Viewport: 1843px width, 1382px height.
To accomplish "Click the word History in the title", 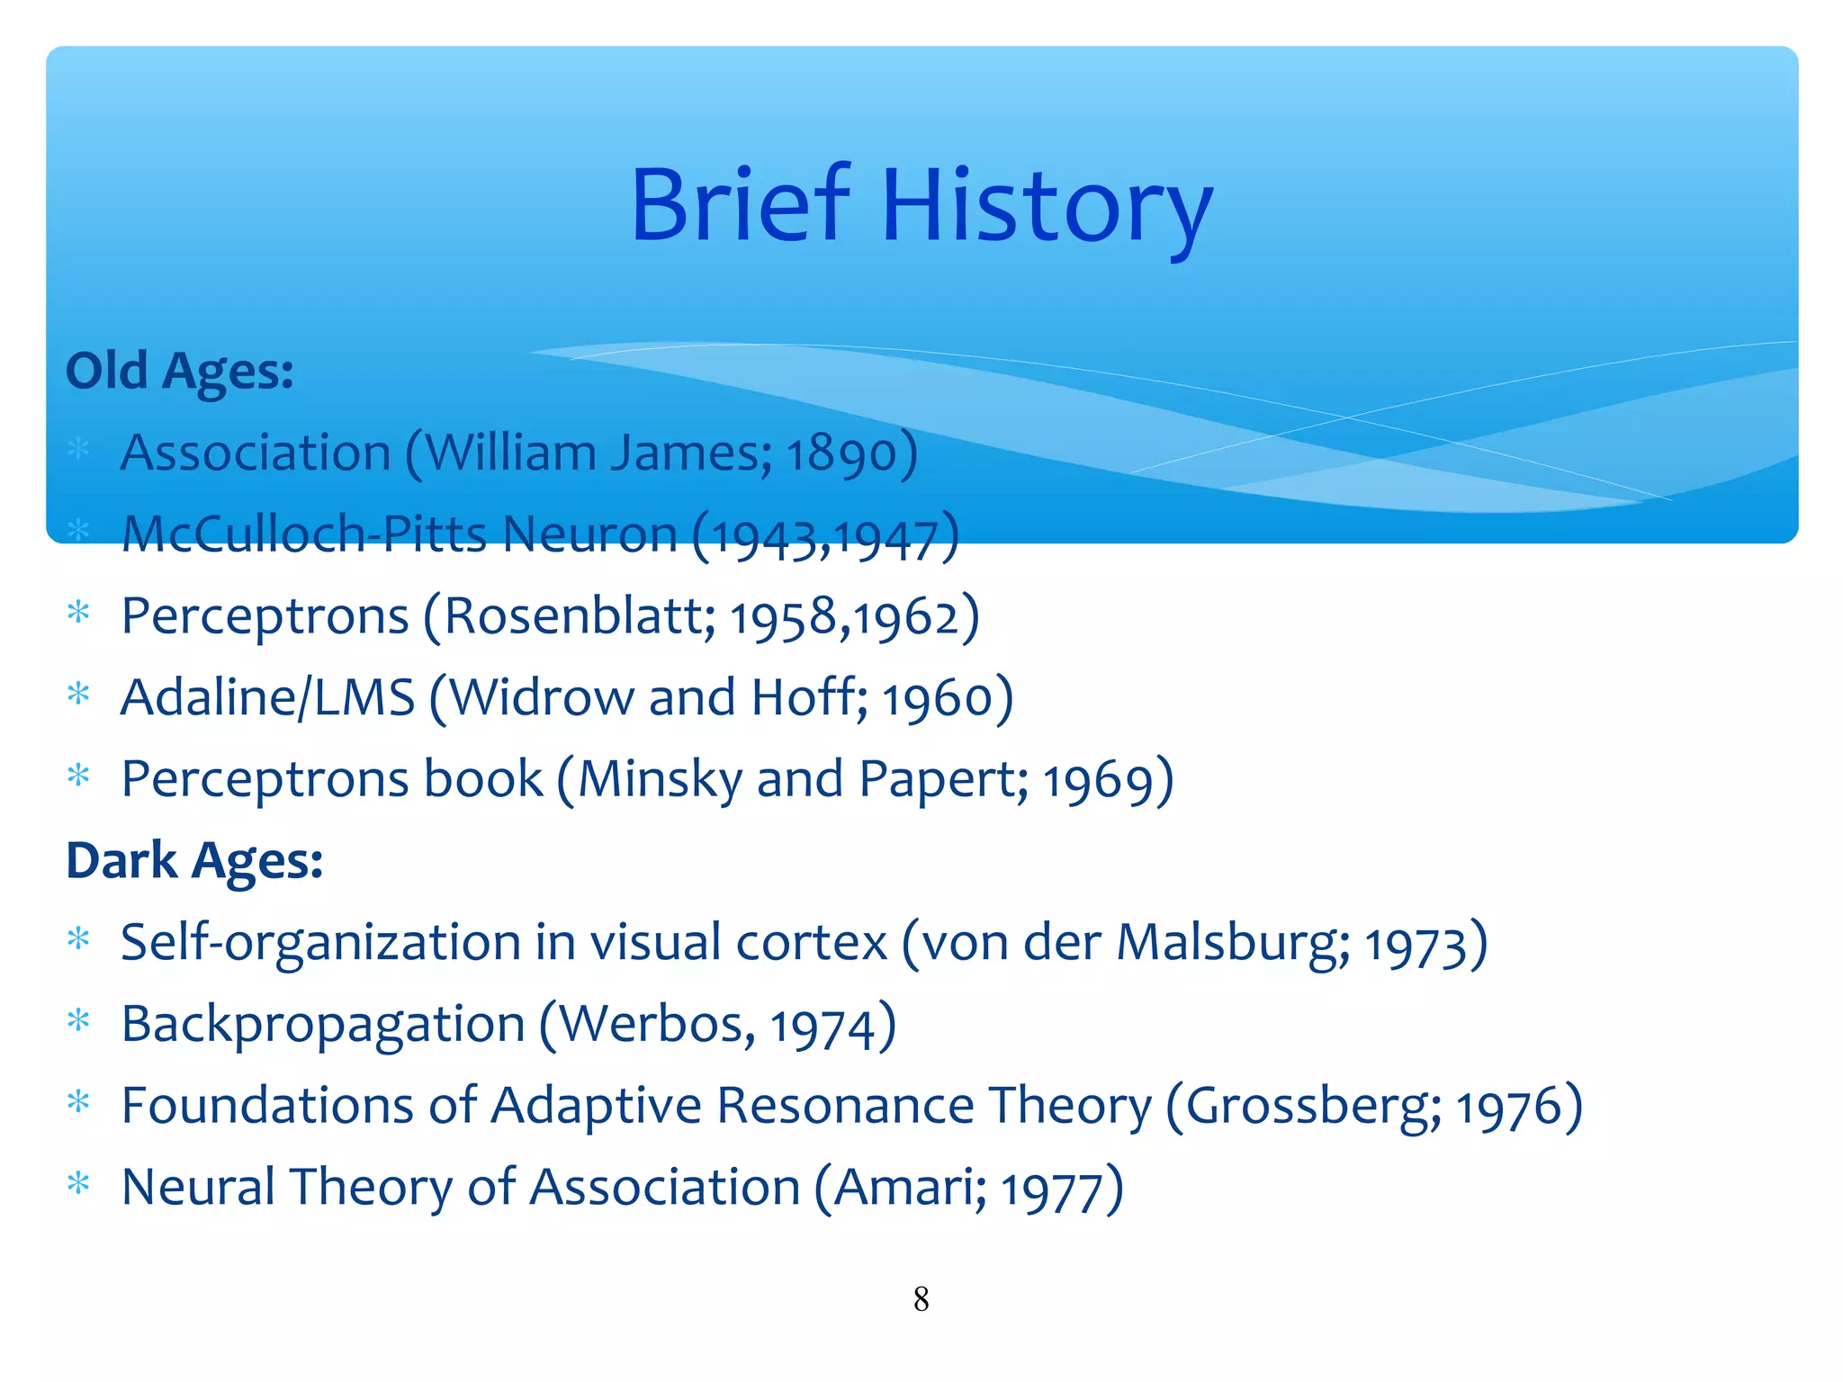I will click(x=1047, y=209).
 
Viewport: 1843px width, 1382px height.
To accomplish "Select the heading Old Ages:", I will click(x=180, y=371).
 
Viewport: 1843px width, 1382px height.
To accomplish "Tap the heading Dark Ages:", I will click(x=194, y=860).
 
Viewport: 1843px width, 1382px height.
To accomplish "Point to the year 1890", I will click(x=842, y=453).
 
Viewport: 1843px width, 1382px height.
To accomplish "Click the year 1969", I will click(x=1098, y=781).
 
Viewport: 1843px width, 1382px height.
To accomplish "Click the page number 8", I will click(x=921, y=1299).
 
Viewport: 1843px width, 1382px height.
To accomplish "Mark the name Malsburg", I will click(x=1233, y=943).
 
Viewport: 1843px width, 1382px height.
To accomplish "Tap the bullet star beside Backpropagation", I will click(x=79, y=1021).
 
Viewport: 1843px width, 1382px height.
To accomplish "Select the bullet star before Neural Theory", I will click(x=79, y=1184).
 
